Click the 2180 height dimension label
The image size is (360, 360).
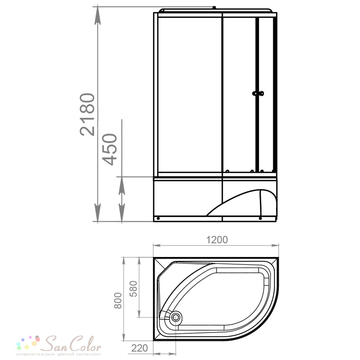pos(87,114)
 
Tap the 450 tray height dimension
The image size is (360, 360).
pos(109,149)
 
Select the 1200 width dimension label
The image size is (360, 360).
pos(217,240)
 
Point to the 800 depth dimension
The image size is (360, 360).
pos(118,300)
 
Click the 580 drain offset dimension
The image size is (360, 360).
pos(134,289)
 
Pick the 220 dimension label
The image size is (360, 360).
pos(139,348)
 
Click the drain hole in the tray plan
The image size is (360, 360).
pos(176,317)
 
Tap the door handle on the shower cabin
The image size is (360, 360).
pos(258,94)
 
